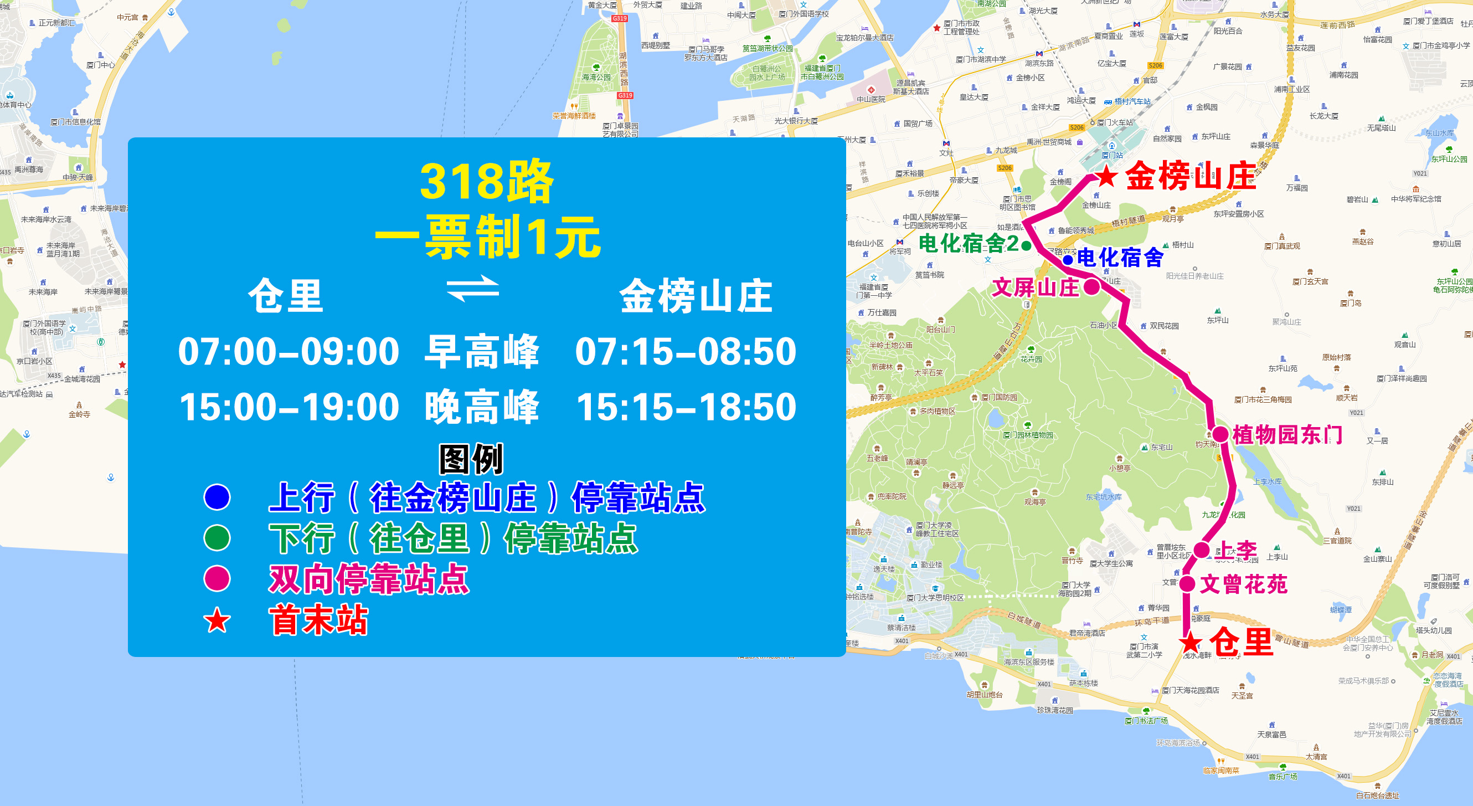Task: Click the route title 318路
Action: pos(487,182)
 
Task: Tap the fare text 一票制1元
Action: pos(487,237)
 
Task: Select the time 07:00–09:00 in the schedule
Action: pos(288,351)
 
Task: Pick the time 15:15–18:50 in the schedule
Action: pos(686,407)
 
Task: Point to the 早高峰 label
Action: pos(481,351)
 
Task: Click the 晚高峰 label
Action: pos(481,407)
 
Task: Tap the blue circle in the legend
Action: pos(217,497)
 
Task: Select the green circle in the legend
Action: pos(217,538)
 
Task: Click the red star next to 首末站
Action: pos(217,620)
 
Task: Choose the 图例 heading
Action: pos(471,459)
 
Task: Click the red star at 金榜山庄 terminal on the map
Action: pos(1106,176)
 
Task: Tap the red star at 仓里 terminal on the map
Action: pos(1191,642)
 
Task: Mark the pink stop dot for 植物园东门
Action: pos(1220,434)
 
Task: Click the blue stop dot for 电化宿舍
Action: pos(1068,260)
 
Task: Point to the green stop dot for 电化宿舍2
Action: pos(1027,246)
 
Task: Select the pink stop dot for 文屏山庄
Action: pos(1091,286)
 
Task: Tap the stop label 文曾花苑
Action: pos(1243,584)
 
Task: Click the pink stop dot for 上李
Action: pos(1202,550)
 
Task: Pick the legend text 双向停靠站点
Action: pos(369,579)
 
